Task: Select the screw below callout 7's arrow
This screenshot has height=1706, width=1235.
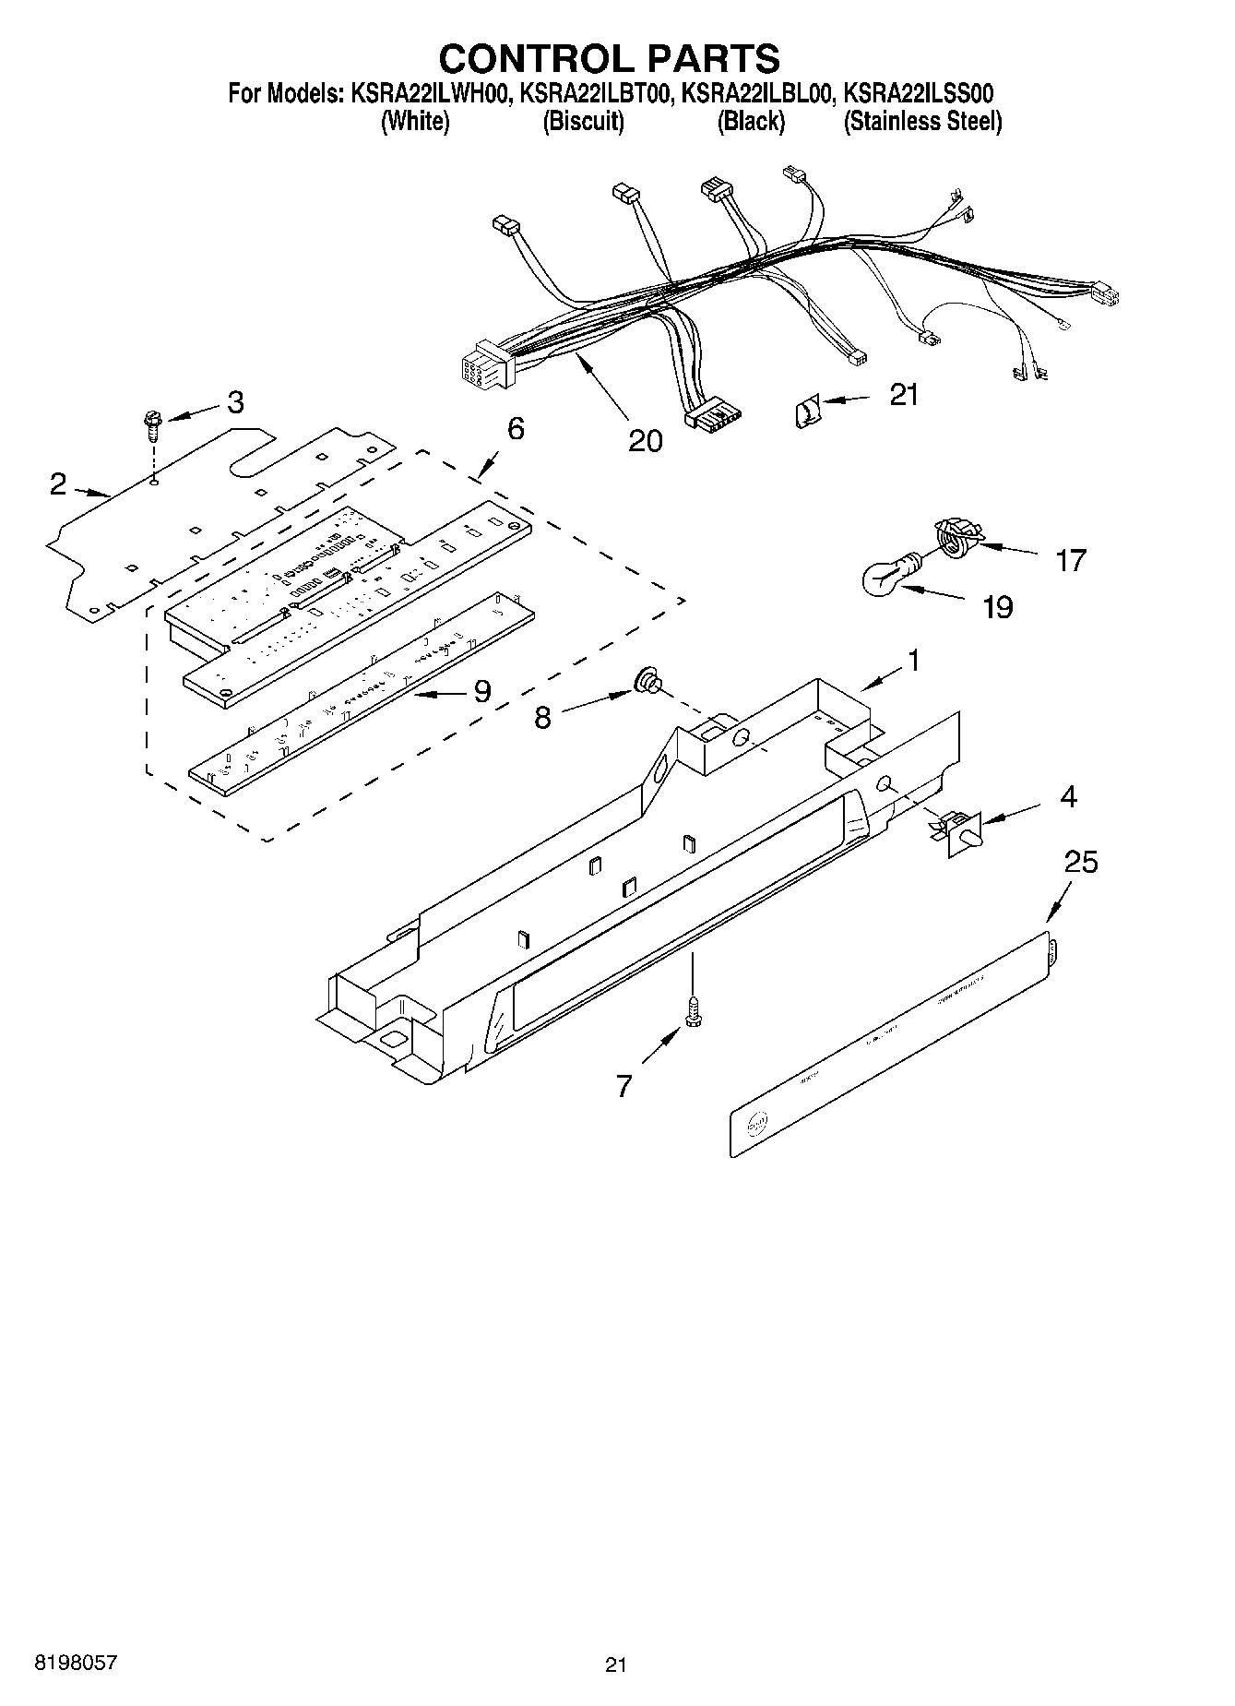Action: (693, 1013)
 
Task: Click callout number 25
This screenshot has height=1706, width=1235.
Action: (1081, 862)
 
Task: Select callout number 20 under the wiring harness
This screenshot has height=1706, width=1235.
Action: (645, 440)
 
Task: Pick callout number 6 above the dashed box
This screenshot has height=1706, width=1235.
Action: (516, 428)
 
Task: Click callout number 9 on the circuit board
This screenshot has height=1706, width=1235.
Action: (481, 691)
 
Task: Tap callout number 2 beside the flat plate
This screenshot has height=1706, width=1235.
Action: (58, 483)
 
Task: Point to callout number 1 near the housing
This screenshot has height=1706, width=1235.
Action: (912, 661)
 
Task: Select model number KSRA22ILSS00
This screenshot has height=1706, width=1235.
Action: (919, 93)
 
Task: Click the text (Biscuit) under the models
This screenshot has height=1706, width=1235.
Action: (583, 122)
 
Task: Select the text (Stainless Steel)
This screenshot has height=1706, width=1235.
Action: (922, 122)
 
